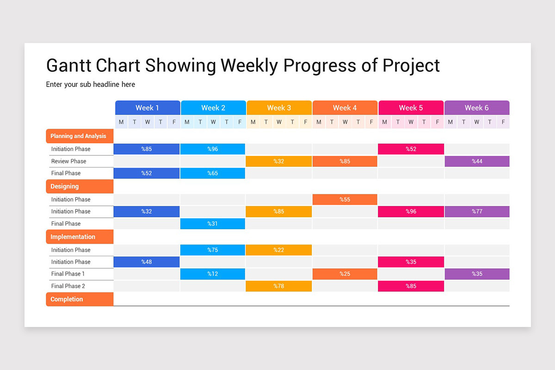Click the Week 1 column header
148,108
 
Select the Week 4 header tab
345,108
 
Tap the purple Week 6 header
477,108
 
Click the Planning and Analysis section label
79,136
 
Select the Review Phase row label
69,161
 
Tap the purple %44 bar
477,161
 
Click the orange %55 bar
345,199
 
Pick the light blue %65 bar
213,173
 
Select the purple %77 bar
477,211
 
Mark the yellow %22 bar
279,250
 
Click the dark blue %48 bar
147,262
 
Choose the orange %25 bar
345,274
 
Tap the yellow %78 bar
279,286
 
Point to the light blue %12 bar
213,274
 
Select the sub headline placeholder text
91,85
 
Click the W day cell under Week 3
279,122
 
